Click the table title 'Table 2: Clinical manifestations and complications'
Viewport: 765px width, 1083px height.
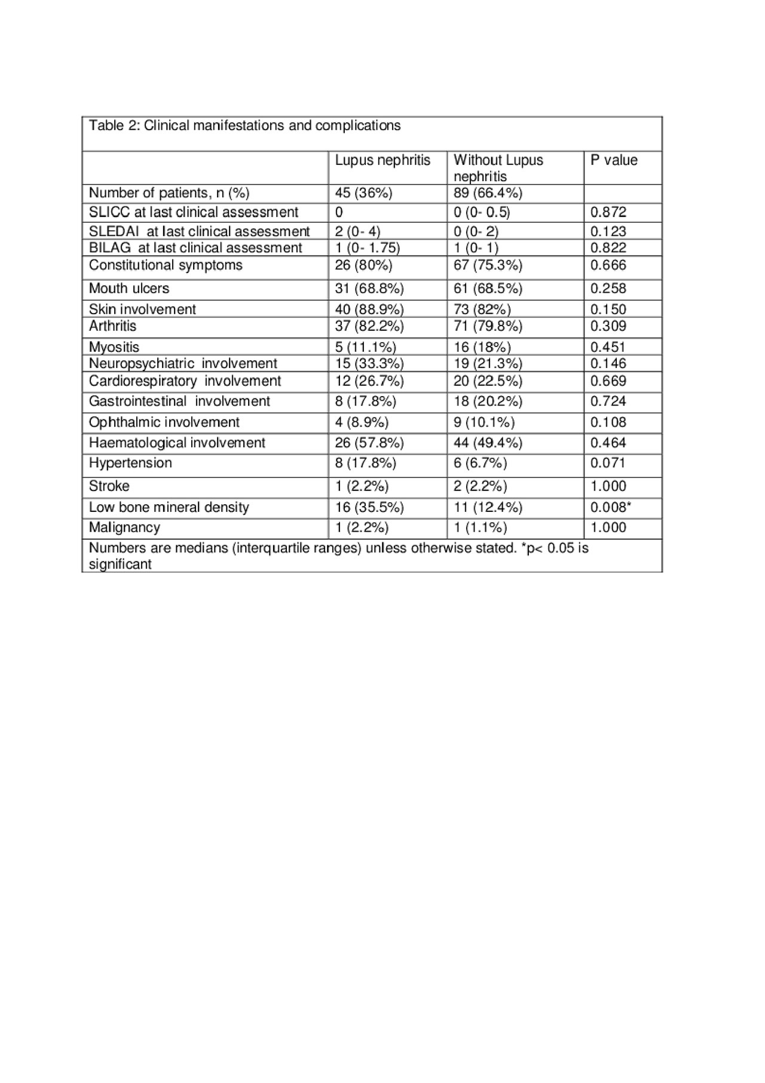tap(244, 125)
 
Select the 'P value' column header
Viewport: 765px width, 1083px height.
tap(613, 160)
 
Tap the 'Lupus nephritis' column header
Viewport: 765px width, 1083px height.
tap(382, 160)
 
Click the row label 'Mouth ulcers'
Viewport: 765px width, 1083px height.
tap(129, 289)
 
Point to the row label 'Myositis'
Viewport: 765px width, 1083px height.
tap(114, 347)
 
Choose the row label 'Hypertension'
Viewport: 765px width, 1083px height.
tap(130, 463)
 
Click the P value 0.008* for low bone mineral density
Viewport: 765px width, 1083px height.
tap(611, 507)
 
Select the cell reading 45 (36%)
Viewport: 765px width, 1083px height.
tap(363, 193)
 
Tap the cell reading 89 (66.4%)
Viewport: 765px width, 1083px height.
tap(488, 193)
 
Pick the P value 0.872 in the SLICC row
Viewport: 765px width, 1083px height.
tap(608, 212)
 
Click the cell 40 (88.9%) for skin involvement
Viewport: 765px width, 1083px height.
tap(369, 309)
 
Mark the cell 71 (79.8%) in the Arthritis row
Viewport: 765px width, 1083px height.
tap(488, 326)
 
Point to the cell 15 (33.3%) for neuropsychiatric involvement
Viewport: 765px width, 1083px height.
tap(369, 364)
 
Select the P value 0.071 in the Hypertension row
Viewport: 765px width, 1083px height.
tap(608, 463)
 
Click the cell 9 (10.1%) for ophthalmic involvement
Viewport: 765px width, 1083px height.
tap(484, 422)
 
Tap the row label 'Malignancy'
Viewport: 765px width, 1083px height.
tap(124, 527)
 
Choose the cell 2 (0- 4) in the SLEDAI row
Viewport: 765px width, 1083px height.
tap(357, 232)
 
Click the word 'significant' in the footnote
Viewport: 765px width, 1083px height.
tap(120, 564)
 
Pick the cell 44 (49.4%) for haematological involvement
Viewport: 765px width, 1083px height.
tap(488, 443)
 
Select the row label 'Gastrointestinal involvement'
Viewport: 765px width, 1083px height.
tap(179, 401)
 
